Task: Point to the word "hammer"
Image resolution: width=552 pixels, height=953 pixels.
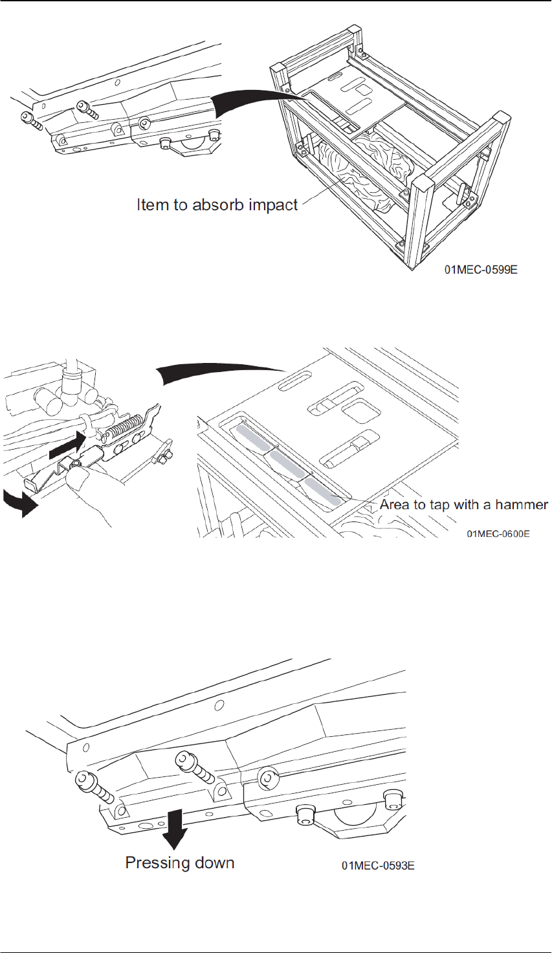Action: pos(524,504)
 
